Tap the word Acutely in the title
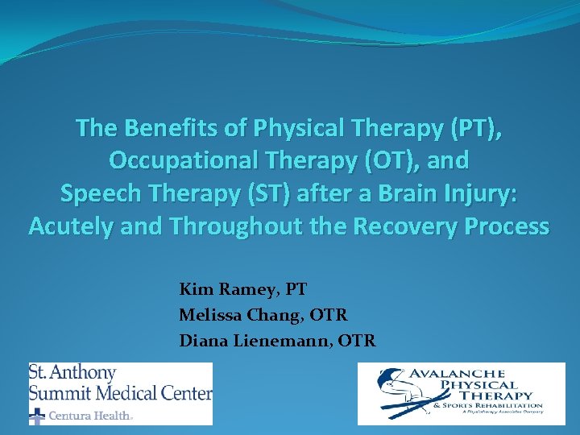[72, 227]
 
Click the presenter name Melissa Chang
[241, 315]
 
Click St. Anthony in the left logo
[72, 374]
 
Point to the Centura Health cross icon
[37, 416]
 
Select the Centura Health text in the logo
[90, 416]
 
